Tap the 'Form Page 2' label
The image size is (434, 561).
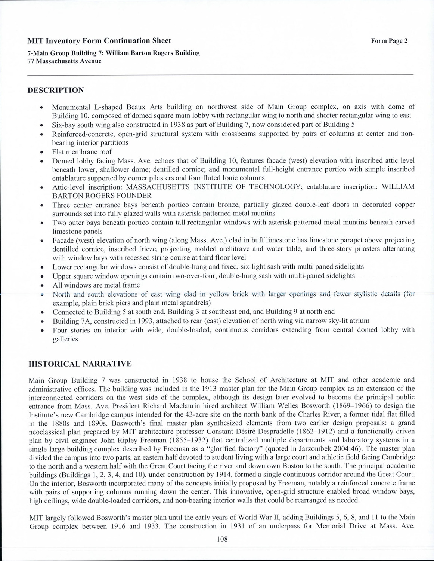point(389,41)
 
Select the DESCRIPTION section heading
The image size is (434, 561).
point(56,90)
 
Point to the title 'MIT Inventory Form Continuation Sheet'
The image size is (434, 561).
point(99,41)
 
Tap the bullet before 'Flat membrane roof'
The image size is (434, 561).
point(41,152)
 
